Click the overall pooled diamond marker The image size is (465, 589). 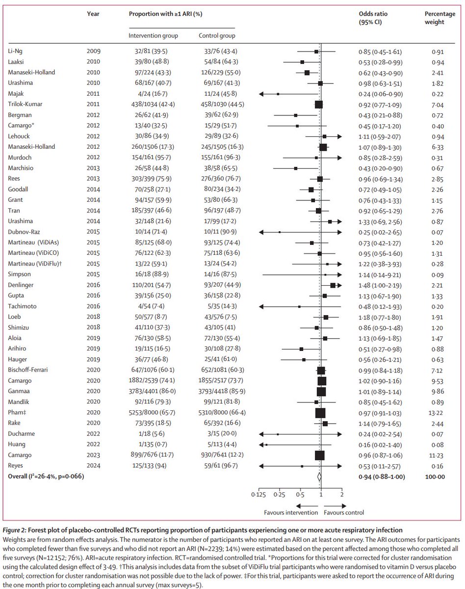pyautogui.click(x=319, y=476)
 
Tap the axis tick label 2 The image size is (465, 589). pyautogui.click(x=341, y=495)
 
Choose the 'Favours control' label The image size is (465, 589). pyautogui.click(x=343, y=513)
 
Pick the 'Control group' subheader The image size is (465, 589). pyautogui.click(x=216, y=36)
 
